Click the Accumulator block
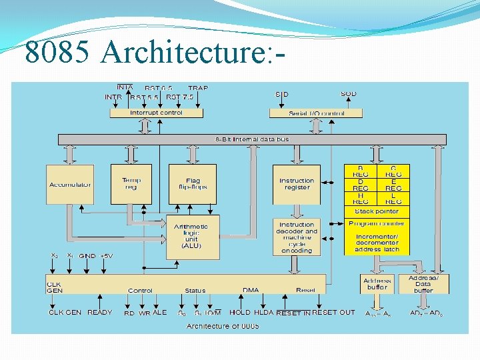[70, 185]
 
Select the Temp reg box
[131, 184]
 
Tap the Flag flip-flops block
[193, 184]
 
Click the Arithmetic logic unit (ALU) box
[192, 237]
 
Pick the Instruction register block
[297, 185]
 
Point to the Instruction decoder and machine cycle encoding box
[297, 237]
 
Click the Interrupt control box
[155, 113]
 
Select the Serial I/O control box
[316, 113]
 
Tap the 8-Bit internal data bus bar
[251, 139]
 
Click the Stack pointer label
[377, 211]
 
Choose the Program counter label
[377, 224]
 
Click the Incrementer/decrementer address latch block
[377, 243]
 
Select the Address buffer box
[377, 283]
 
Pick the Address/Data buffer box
[423, 283]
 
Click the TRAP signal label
[198, 88]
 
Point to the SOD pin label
[348, 94]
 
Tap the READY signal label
[100, 312]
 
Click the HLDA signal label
[264, 312]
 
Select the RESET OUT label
[334, 312]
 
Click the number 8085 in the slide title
[57, 51]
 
